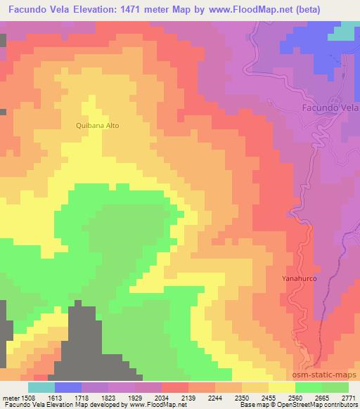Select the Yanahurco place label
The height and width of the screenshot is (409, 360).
[x=300, y=278]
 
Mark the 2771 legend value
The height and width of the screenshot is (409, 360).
[x=347, y=397]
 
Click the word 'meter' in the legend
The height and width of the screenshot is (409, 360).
[x=10, y=397]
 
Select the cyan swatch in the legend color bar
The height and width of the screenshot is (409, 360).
[x=41, y=387]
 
